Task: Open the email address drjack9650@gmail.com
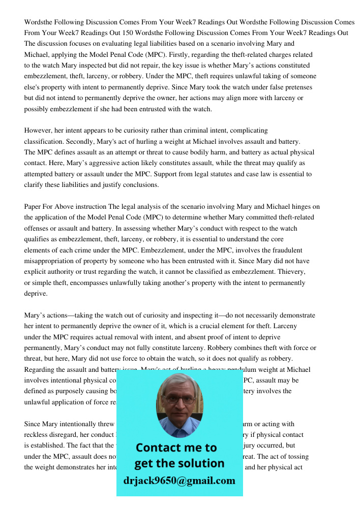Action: pyautogui.click(x=179, y=481)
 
